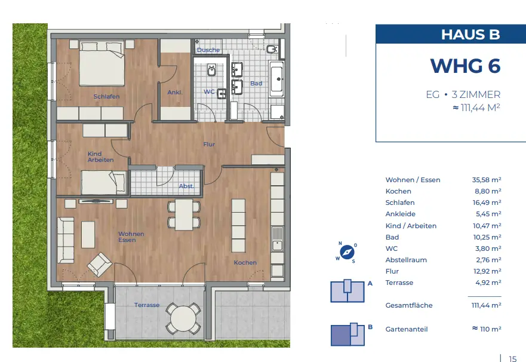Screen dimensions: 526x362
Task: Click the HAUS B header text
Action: pos(470,35)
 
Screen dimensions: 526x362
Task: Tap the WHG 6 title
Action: pos(465,66)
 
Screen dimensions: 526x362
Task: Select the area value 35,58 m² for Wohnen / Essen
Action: pos(487,180)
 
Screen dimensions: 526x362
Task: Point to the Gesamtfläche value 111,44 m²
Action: pos(486,305)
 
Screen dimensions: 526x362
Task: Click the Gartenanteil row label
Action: pos(407,330)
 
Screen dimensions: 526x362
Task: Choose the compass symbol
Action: pos(346,252)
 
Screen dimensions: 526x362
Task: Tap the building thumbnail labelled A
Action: pos(347,291)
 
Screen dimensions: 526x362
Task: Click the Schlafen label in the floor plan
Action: pos(106,97)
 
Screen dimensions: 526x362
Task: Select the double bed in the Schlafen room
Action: pos(102,63)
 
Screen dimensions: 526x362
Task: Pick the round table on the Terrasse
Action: pos(183,318)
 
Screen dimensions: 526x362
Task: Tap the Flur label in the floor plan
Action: pos(209,145)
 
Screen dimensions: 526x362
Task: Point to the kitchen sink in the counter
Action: pos(277,239)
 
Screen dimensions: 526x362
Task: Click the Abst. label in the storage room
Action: pos(186,186)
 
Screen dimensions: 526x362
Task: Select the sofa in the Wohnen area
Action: pos(66,240)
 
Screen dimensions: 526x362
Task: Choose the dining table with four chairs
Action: pos(184,214)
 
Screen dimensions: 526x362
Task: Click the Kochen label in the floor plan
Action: pos(245,263)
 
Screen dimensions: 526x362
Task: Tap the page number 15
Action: pos(513,358)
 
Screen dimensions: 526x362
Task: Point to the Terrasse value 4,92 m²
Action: pos(488,283)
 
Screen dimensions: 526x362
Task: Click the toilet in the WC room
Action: pos(211,70)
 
